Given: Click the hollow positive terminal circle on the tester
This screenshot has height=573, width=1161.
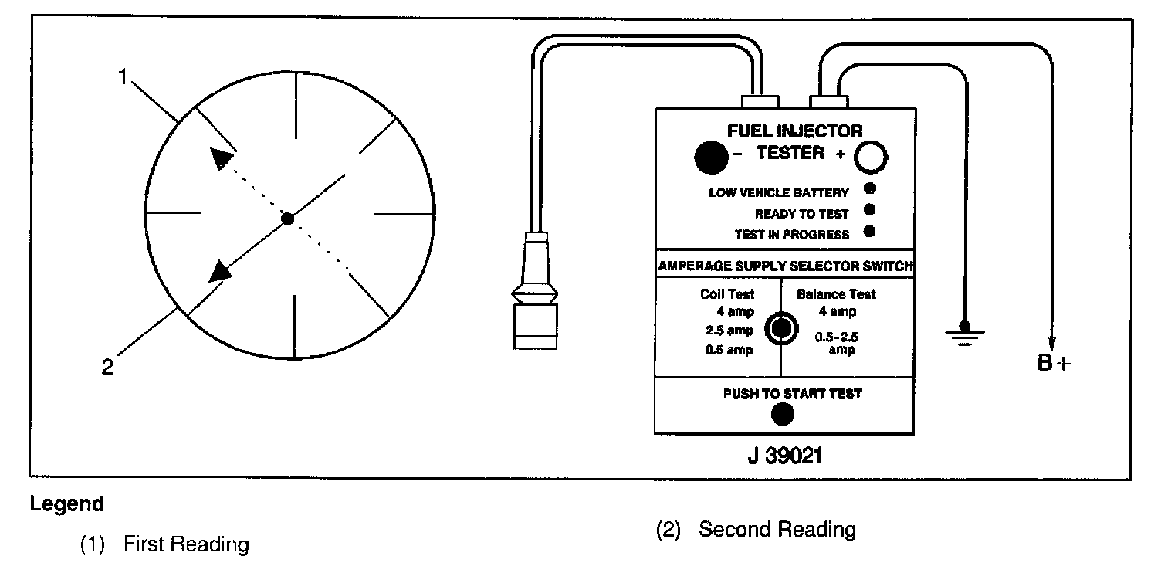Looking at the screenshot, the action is [x=871, y=158].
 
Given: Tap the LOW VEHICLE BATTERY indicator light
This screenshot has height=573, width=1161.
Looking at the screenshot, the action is [x=870, y=188].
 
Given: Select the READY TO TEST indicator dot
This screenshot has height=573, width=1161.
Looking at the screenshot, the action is [x=870, y=209].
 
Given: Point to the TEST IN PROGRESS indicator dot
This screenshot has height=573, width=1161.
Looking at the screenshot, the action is [x=870, y=231].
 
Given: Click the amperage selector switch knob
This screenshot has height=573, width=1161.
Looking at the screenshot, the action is [x=780, y=328].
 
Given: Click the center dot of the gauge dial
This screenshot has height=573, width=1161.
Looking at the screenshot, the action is [x=287, y=219].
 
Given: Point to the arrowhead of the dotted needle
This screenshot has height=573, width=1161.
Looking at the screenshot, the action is [x=221, y=158].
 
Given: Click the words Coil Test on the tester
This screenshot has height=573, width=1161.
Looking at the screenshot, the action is [x=727, y=293].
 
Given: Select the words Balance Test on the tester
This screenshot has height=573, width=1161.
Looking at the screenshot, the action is [x=836, y=293].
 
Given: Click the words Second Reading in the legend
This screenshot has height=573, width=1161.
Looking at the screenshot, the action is [x=777, y=530].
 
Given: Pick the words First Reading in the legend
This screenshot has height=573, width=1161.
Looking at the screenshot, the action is [x=185, y=544].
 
